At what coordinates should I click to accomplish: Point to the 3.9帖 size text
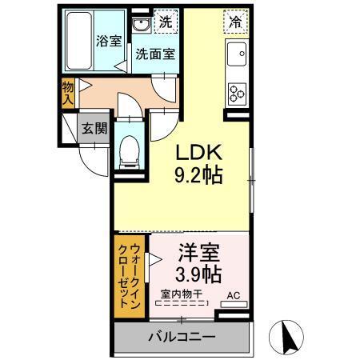199,275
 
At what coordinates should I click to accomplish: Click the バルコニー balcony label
181,337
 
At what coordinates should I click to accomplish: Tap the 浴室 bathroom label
109,41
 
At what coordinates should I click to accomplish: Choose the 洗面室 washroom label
155,55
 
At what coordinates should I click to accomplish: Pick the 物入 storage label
68,92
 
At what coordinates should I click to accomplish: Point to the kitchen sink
238,54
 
